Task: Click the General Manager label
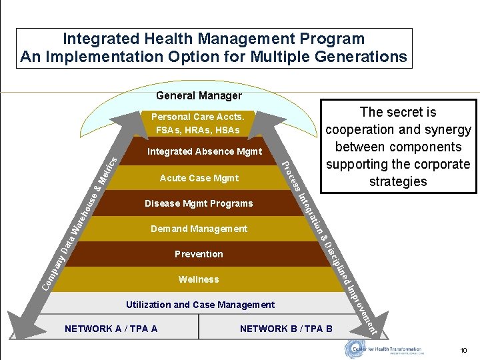tap(198, 96)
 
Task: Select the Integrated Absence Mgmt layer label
tap(205, 152)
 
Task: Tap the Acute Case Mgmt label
tap(199, 178)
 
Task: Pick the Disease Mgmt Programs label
tap(199, 203)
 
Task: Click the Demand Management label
tap(199, 229)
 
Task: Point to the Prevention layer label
tap(199, 254)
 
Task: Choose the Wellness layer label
tap(199, 279)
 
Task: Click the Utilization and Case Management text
tap(200, 305)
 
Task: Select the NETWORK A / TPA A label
tap(111, 329)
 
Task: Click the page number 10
tap(463, 351)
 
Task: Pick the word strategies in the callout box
tap(397, 181)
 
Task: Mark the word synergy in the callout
tap(445, 129)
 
